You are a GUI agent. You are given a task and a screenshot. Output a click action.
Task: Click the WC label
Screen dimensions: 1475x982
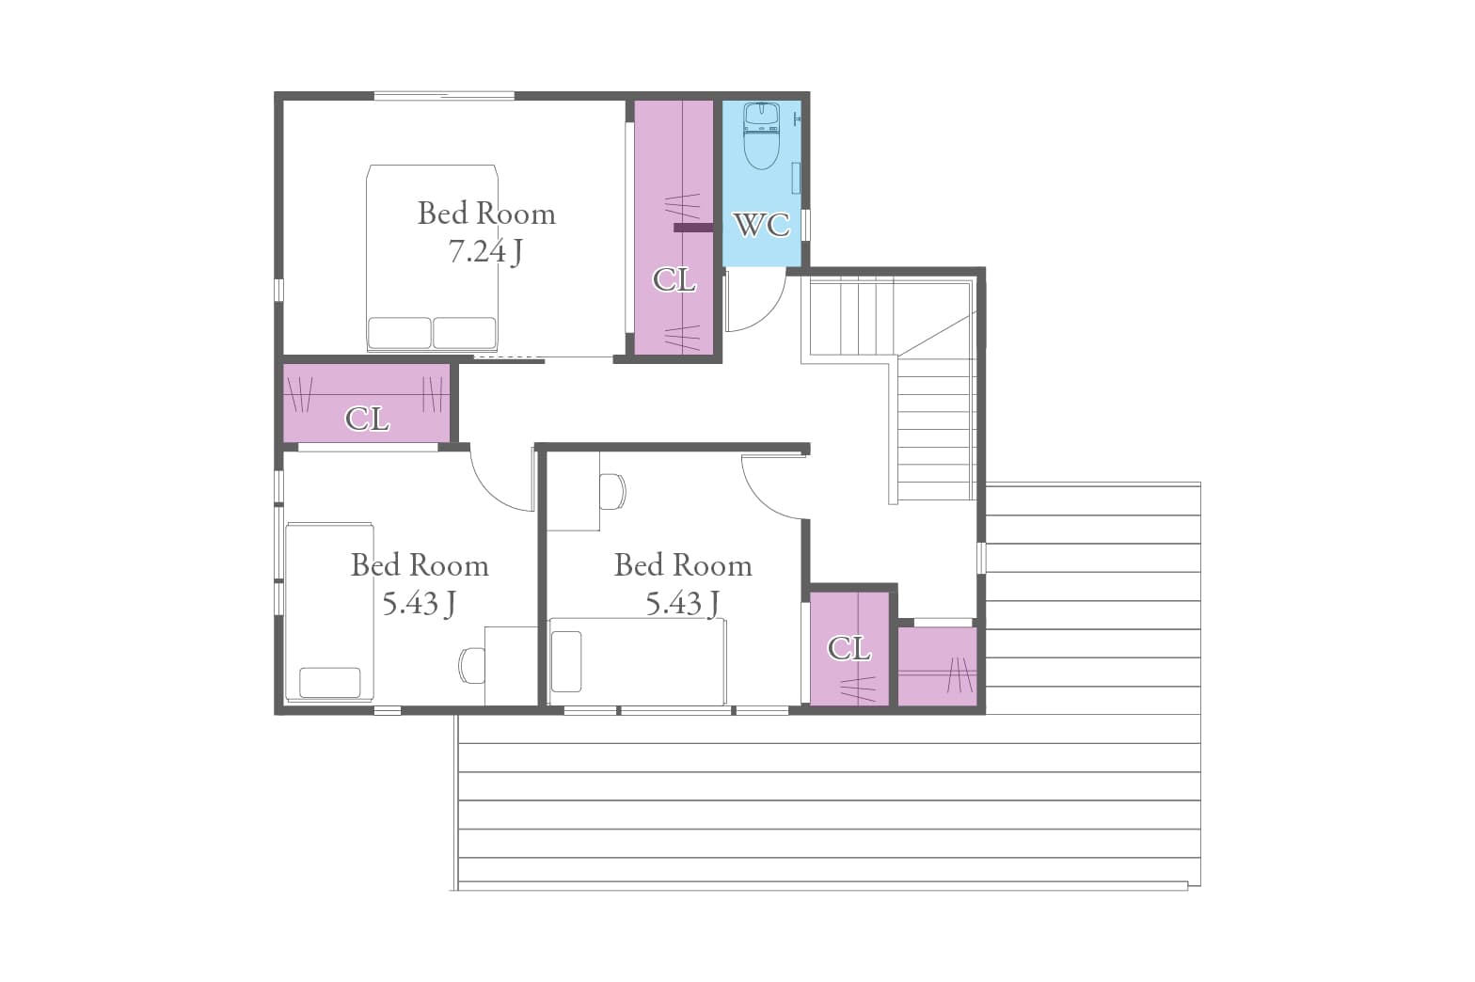(761, 225)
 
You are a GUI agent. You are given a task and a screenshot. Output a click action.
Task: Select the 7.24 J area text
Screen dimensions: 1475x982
(486, 251)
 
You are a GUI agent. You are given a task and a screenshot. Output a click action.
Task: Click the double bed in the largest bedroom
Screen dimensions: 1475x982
(432, 258)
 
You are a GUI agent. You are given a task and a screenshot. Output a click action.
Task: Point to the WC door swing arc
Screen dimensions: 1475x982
(768, 313)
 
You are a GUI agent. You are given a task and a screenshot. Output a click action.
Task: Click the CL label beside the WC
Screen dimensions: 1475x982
(674, 280)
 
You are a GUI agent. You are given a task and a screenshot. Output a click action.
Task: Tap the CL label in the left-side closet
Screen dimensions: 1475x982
(367, 419)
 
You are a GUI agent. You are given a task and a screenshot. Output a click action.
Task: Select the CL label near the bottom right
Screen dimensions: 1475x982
(849, 649)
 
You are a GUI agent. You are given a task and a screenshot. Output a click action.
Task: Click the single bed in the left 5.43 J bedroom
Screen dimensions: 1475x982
(330, 612)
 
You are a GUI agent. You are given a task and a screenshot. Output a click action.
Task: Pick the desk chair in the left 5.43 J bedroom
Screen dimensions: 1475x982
(471, 665)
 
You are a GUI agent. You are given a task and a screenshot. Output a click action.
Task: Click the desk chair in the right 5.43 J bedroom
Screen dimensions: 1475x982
(612, 491)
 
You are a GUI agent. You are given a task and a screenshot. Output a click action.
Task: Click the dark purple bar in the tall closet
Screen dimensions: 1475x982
(693, 228)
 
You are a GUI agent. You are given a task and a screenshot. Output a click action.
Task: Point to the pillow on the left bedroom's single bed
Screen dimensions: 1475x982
(330, 682)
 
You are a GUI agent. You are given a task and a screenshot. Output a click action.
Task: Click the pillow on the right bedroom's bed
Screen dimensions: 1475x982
(566, 661)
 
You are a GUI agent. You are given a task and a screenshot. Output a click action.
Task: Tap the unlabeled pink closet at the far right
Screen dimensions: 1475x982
(937, 666)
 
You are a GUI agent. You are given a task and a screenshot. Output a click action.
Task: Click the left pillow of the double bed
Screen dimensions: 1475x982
(400, 333)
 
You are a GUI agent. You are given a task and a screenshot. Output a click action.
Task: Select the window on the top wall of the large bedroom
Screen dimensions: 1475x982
(444, 96)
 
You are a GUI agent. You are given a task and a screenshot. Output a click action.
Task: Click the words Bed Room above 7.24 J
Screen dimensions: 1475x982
(486, 214)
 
